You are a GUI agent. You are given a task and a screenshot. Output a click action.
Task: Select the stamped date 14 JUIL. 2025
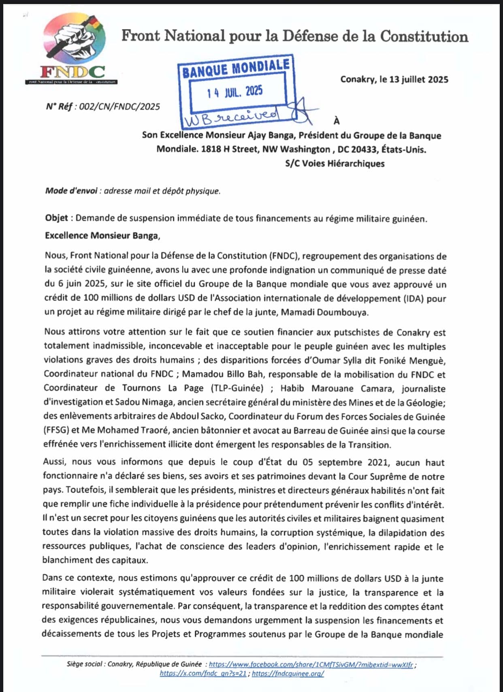pyautogui.click(x=234, y=92)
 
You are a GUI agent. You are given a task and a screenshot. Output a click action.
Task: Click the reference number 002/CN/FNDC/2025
pyautogui.click(x=119, y=106)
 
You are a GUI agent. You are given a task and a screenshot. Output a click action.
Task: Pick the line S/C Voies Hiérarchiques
pyautogui.click(x=335, y=164)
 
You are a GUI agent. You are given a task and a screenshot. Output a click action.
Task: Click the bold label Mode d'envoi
pyautogui.click(x=71, y=191)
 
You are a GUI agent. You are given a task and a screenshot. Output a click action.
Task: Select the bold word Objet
pyautogui.click(x=56, y=218)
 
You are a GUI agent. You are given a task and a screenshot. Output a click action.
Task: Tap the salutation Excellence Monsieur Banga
pyautogui.click(x=102, y=236)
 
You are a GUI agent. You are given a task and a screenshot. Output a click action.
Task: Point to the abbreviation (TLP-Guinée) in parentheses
pyautogui.click(x=237, y=388)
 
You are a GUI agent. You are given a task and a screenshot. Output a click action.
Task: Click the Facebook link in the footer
pyautogui.click(x=311, y=664)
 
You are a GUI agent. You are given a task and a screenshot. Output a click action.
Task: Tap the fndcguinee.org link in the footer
pyautogui.click(x=288, y=674)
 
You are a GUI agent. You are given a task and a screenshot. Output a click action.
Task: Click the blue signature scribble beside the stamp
pyautogui.click(x=303, y=111)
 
